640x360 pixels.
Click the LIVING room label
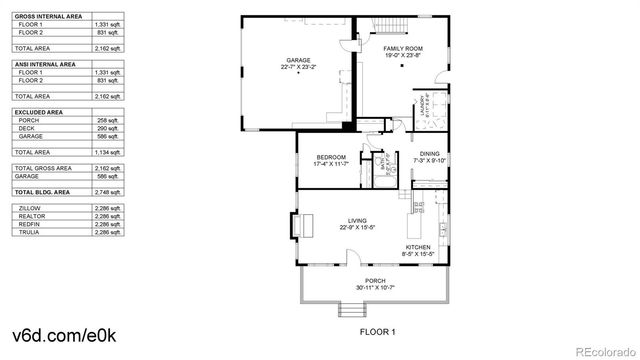pos(357,221)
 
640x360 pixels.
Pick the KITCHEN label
pos(418,247)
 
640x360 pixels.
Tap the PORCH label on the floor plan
pos(374,281)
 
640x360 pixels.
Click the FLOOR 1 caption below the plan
pos(377,331)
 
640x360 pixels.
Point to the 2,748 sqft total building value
pos(107,190)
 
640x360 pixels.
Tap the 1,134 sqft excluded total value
pos(107,151)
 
